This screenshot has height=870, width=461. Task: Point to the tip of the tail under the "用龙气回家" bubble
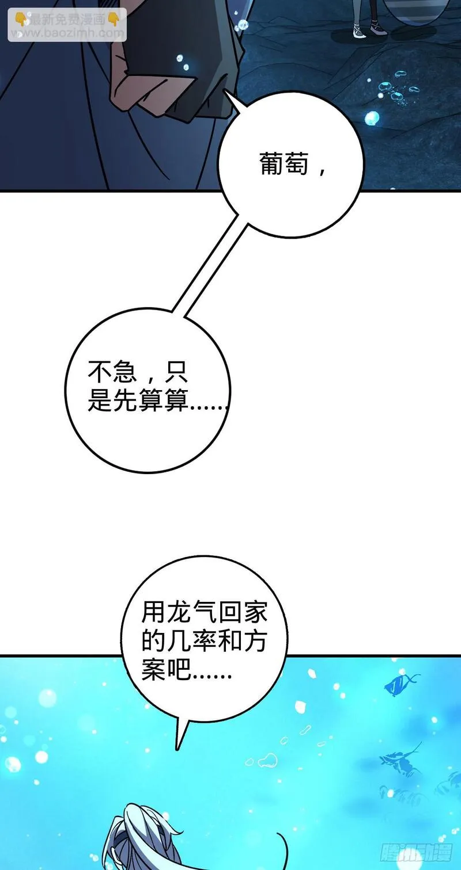point(177,750)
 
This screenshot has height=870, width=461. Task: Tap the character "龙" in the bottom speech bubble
point(179,612)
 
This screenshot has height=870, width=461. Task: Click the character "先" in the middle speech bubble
point(125,399)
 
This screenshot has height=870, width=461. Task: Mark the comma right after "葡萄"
point(322,170)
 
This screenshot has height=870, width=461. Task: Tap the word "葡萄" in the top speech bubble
point(284,163)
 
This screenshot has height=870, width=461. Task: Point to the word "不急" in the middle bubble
point(113,372)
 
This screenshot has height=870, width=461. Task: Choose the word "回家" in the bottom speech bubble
point(242,612)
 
